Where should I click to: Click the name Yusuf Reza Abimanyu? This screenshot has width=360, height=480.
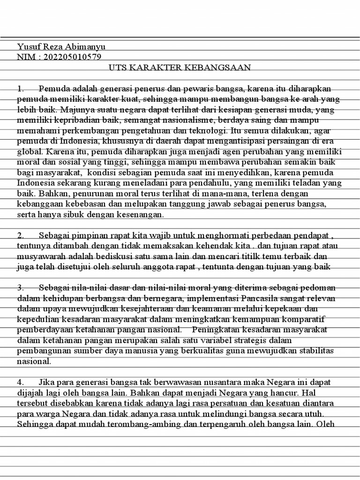[x=61, y=46]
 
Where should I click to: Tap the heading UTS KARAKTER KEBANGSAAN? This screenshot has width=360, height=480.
[x=180, y=67]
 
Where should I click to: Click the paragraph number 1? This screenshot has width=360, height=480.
[x=20, y=88]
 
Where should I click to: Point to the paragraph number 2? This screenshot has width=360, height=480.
[x=21, y=235]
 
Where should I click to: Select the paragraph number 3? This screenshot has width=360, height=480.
[x=21, y=287]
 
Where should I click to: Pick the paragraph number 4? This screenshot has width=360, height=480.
[x=21, y=382]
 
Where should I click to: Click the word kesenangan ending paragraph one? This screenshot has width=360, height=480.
[x=142, y=215]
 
